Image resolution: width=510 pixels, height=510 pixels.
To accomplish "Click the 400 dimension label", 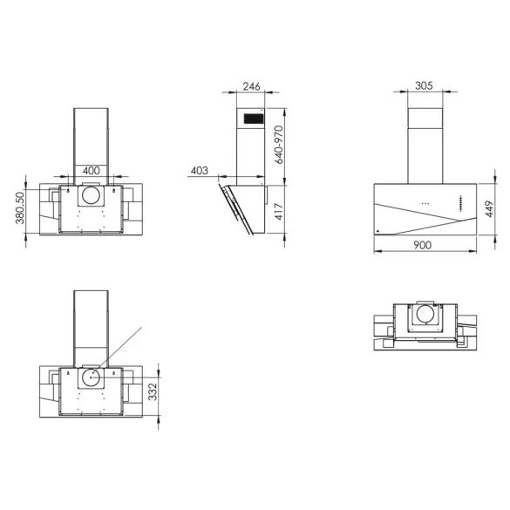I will tap(90, 171).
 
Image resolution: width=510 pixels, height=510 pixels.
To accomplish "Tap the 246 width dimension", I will tap(251, 87).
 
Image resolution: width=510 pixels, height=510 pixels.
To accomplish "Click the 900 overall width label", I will tap(423, 247).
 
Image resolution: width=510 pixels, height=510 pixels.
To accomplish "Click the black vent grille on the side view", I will tap(253, 118).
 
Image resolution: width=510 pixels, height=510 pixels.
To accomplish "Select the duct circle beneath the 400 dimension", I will tap(90, 198).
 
